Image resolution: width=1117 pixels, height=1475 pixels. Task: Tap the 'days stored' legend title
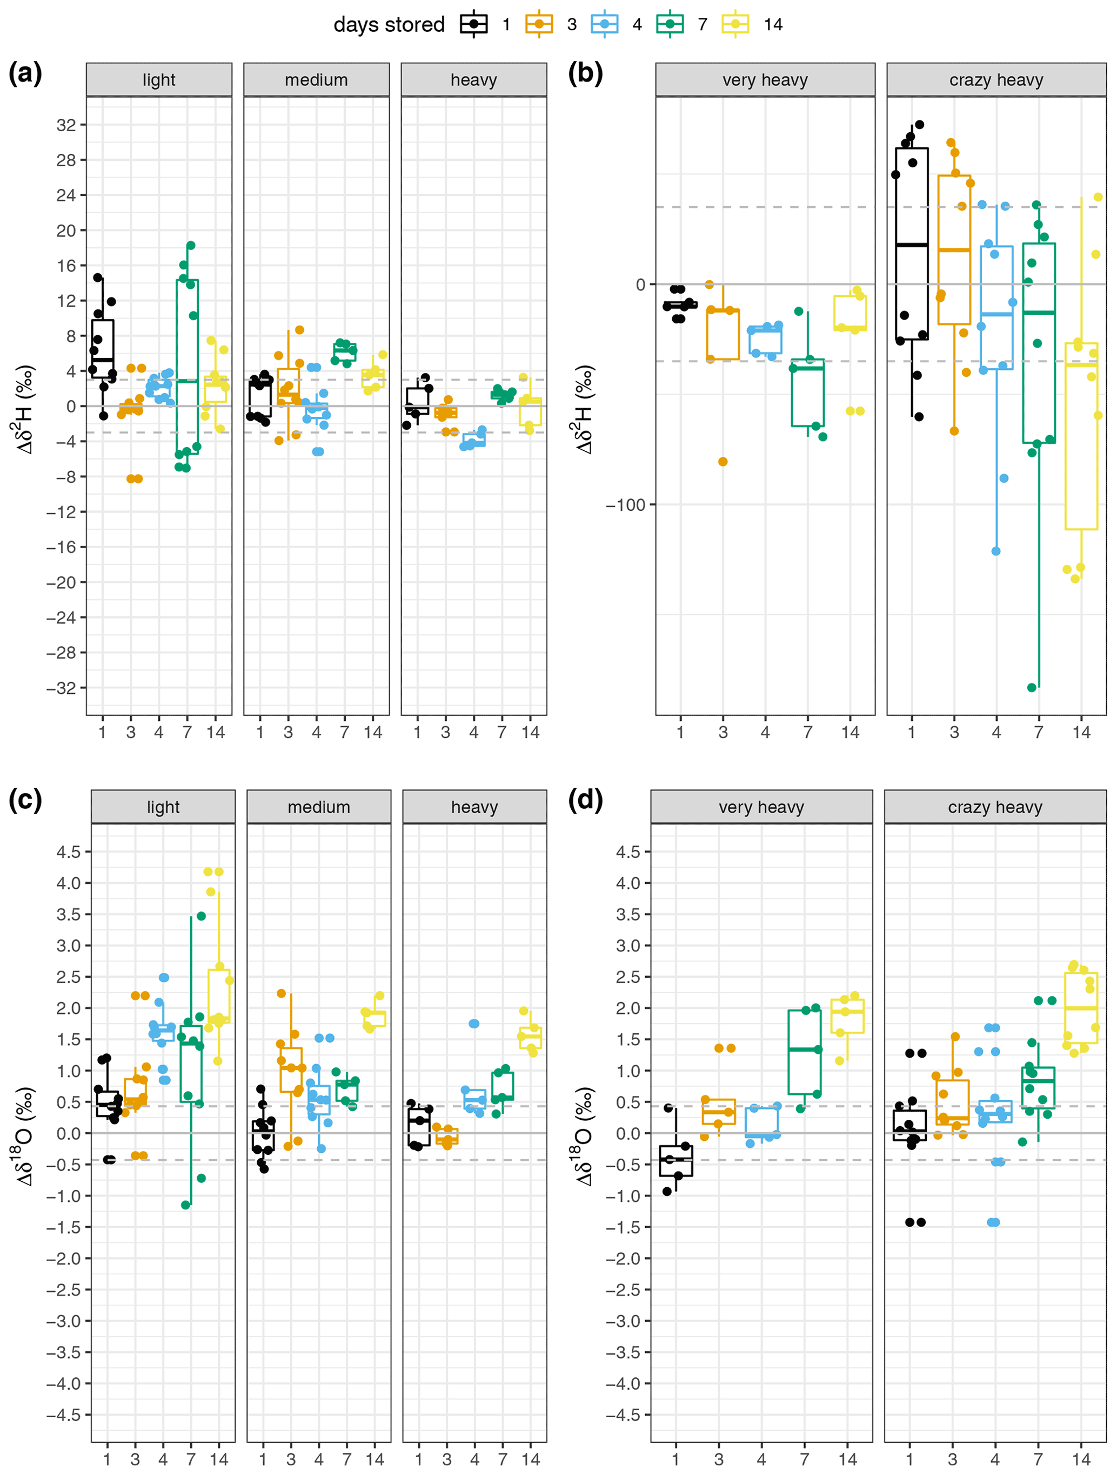(x=389, y=25)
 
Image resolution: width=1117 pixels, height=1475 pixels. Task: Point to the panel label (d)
(x=585, y=800)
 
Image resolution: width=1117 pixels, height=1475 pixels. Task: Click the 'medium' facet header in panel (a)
(x=316, y=80)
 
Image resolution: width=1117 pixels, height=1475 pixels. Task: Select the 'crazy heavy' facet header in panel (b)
(x=995, y=80)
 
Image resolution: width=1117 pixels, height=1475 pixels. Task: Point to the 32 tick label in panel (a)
(x=66, y=125)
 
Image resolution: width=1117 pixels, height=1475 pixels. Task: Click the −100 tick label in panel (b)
(x=625, y=505)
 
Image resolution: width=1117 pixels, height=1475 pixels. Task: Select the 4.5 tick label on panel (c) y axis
(x=68, y=851)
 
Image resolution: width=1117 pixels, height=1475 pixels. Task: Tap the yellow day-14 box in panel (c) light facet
(x=219, y=996)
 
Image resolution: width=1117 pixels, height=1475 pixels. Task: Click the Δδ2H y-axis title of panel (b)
(x=585, y=409)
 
